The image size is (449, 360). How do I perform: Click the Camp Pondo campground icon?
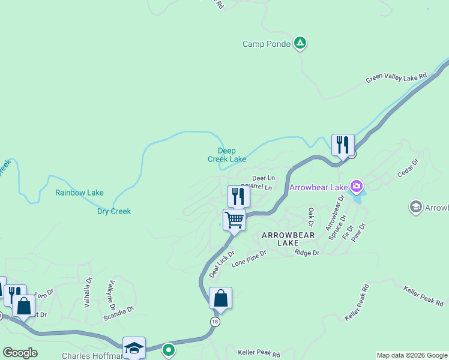(301, 44)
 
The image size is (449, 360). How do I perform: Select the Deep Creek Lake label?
(227, 155)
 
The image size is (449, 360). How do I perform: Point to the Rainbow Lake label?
(79, 193)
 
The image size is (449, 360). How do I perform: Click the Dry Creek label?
(114, 211)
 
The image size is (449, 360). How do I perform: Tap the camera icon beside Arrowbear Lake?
(357, 187)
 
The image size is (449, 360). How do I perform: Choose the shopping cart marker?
(234, 220)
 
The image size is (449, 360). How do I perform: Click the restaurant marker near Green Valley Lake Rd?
(343, 145)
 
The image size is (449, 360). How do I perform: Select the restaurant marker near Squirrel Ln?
(238, 196)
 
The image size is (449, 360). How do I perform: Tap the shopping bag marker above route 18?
(220, 298)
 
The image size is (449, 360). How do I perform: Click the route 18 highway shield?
(215, 322)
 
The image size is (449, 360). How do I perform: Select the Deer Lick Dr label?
(221, 265)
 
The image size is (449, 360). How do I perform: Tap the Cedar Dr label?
(407, 168)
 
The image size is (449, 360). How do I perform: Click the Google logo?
(20, 353)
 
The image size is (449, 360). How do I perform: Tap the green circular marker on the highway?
(169, 349)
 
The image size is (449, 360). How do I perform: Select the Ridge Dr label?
(307, 253)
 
